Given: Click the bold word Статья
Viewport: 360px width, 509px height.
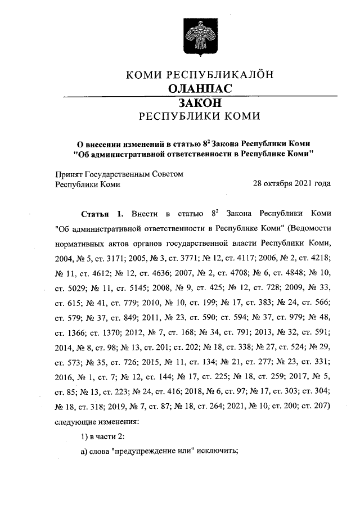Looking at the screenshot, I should (95, 214).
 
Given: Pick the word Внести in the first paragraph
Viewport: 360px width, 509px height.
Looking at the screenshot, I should (145, 214).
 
